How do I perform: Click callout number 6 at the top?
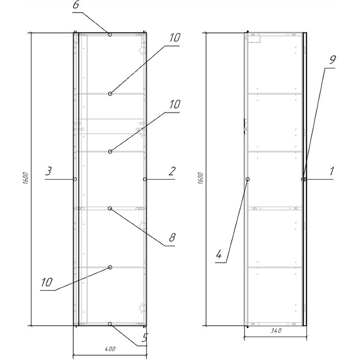click(76, 5)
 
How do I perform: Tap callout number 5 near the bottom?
click(144, 337)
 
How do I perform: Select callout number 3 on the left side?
click(48, 171)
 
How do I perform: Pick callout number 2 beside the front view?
click(172, 171)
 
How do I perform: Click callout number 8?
click(172, 238)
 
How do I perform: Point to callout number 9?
click(333, 60)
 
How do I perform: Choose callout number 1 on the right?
click(331, 171)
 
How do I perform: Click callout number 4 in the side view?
click(219, 254)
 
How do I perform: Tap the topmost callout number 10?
click(175, 38)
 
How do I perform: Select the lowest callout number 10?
click(47, 282)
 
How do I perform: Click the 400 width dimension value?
click(110, 349)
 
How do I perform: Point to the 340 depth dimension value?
click(276, 331)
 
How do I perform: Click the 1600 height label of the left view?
click(26, 178)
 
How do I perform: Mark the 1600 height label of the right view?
click(200, 178)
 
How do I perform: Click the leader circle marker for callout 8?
click(110, 208)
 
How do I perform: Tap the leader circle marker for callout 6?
click(110, 35)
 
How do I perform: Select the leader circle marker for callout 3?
click(75, 179)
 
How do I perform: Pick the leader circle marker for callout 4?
click(248, 179)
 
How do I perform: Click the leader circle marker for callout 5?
click(110, 324)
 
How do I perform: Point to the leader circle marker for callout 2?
click(145, 179)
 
